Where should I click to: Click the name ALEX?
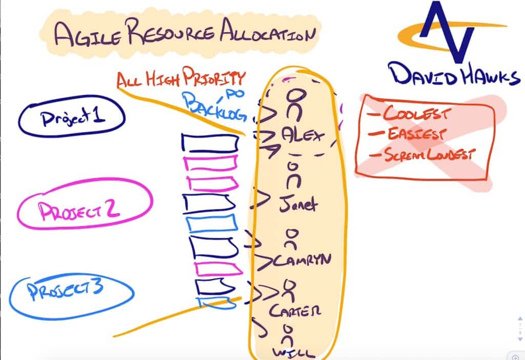tap(303, 135)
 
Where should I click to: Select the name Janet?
tap(298, 203)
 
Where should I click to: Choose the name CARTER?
tap(295, 310)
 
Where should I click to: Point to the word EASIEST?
tap(416, 134)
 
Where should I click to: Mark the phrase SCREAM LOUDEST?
tap(429, 155)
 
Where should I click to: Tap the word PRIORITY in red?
tap(214, 77)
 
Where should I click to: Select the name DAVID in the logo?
tap(423, 75)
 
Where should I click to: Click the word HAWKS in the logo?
tap(491, 76)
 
